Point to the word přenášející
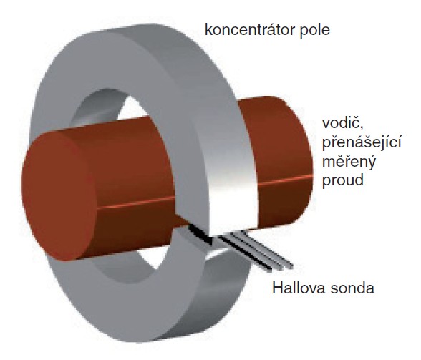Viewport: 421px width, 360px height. coord(362,142)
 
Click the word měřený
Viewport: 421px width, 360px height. coord(349,162)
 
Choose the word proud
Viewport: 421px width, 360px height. coord(342,180)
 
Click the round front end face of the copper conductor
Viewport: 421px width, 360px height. coord(59,197)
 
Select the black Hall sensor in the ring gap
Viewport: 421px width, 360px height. coord(200,234)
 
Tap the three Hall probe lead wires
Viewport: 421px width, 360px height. coord(255,251)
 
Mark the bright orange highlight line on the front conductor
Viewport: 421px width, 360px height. coord(135,203)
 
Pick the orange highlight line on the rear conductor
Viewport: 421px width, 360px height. coord(285,180)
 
